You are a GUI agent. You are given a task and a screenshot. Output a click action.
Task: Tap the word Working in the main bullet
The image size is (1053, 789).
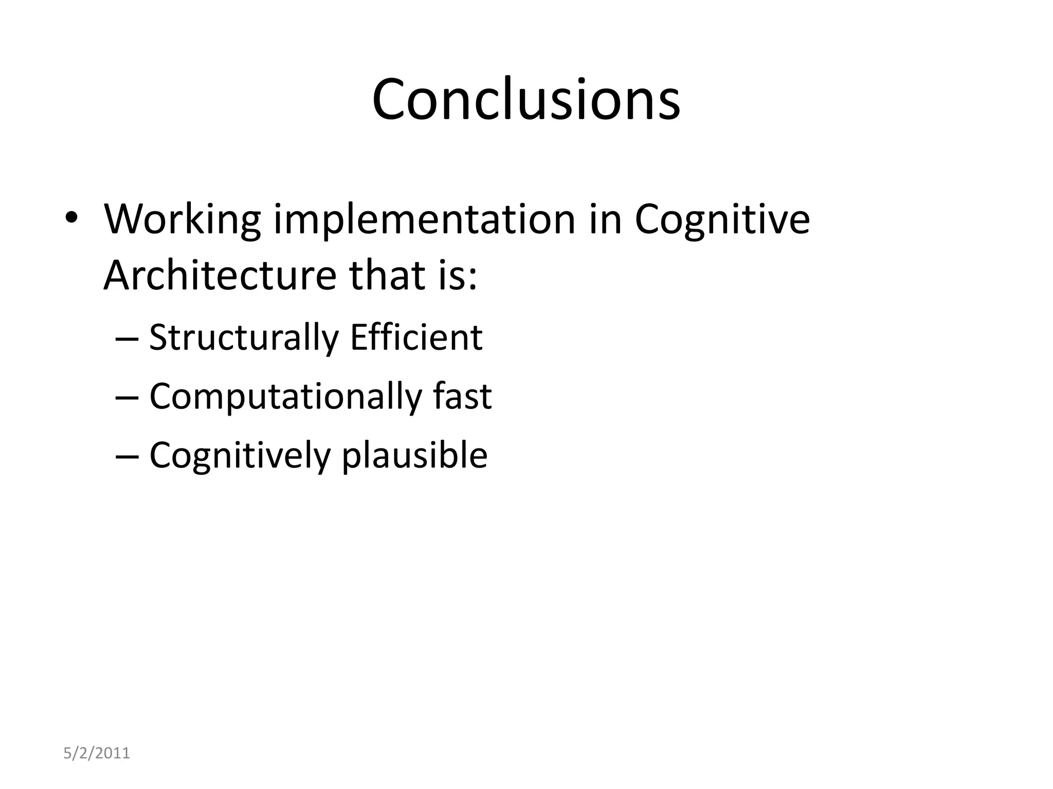point(183,220)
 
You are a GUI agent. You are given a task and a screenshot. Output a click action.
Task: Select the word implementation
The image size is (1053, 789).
point(424,220)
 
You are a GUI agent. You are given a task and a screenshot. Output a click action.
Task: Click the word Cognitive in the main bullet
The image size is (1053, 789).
point(722,220)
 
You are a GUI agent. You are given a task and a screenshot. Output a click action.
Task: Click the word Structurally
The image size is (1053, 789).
point(244,338)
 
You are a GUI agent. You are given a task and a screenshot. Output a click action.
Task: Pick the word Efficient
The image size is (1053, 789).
point(416,338)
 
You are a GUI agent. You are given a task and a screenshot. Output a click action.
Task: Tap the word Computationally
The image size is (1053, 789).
point(285,397)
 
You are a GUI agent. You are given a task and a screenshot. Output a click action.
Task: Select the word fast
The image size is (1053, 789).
point(462,397)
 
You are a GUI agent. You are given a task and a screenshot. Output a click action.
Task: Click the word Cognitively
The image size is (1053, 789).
point(240,455)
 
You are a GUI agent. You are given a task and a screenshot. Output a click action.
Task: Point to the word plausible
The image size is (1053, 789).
point(414,455)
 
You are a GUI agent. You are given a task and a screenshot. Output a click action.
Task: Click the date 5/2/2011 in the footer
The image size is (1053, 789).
point(97,753)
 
